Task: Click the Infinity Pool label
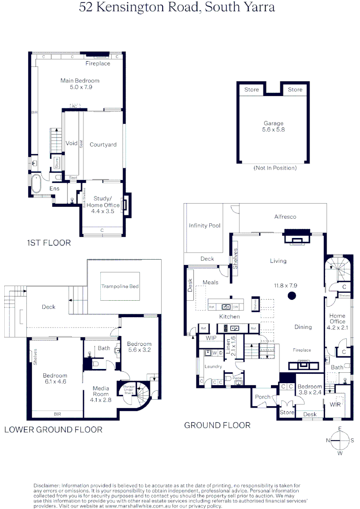205,226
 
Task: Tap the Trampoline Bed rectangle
120,286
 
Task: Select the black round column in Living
292,296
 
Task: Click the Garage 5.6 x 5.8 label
274,126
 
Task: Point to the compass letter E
340,428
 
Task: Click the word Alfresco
285,217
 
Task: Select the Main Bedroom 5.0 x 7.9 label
80,84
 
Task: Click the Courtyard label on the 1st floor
103,145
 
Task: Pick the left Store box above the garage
252,90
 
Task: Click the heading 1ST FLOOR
49,243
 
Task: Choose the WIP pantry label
211,338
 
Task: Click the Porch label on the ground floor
262,397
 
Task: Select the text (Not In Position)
275,168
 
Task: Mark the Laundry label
213,366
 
